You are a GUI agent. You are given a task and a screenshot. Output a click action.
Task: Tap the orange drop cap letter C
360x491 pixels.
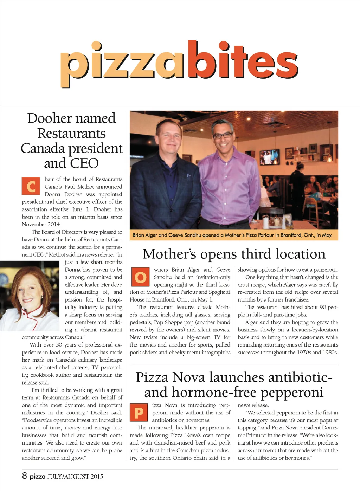click(x=31, y=186)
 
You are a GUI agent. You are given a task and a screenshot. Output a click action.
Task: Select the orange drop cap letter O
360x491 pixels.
click(x=140, y=277)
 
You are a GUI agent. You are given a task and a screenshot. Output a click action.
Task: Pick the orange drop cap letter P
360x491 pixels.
click(x=139, y=413)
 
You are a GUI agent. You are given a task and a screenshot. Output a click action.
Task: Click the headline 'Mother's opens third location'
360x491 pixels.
click(x=234, y=254)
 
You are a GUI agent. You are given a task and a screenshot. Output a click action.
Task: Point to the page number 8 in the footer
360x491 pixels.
click(x=24, y=476)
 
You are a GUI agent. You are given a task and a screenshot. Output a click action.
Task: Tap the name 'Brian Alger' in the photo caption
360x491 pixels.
click(x=144, y=235)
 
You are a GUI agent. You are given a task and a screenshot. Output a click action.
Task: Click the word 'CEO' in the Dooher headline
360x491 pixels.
click(x=85, y=163)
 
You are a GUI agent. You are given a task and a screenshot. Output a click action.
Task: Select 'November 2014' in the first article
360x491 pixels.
click(x=41, y=224)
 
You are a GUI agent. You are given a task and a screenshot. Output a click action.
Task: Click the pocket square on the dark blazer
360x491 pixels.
click(x=188, y=175)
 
